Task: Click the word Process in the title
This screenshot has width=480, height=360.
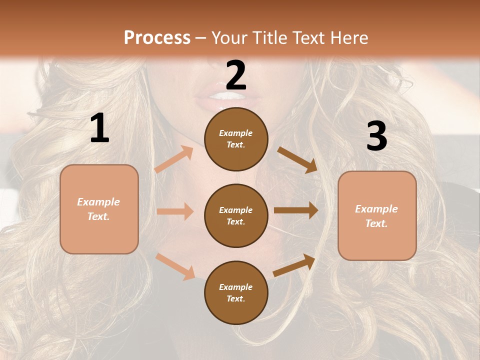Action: tap(157, 37)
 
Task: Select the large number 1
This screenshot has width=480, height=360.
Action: tap(99, 128)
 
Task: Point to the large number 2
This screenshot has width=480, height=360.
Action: tap(236, 75)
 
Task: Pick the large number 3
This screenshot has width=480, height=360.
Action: tap(376, 136)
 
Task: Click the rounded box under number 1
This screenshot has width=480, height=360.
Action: tap(99, 209)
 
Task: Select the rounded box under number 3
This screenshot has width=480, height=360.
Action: tap(377, 215)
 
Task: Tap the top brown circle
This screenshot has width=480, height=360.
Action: tap(236, 139)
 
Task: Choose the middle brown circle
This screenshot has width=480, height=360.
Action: tap(236, 215)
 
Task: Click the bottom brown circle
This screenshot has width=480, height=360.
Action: tap(236, 292)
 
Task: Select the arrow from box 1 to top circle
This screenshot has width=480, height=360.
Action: tap(173, 159)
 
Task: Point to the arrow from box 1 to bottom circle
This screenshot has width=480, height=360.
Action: tap(175, 266)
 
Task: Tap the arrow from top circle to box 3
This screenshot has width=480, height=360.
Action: tap(297, 159)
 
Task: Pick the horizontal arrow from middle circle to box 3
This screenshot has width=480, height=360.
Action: tap(296, 210)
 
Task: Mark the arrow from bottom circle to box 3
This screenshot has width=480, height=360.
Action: tap(294, 265)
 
